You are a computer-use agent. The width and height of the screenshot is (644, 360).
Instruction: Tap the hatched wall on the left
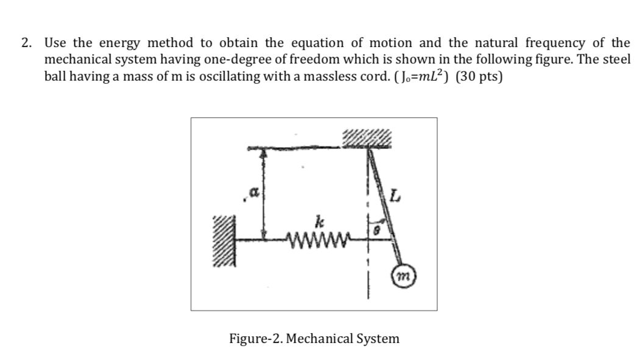(221, 240)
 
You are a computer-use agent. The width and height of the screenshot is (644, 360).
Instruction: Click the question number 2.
(26, 43)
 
